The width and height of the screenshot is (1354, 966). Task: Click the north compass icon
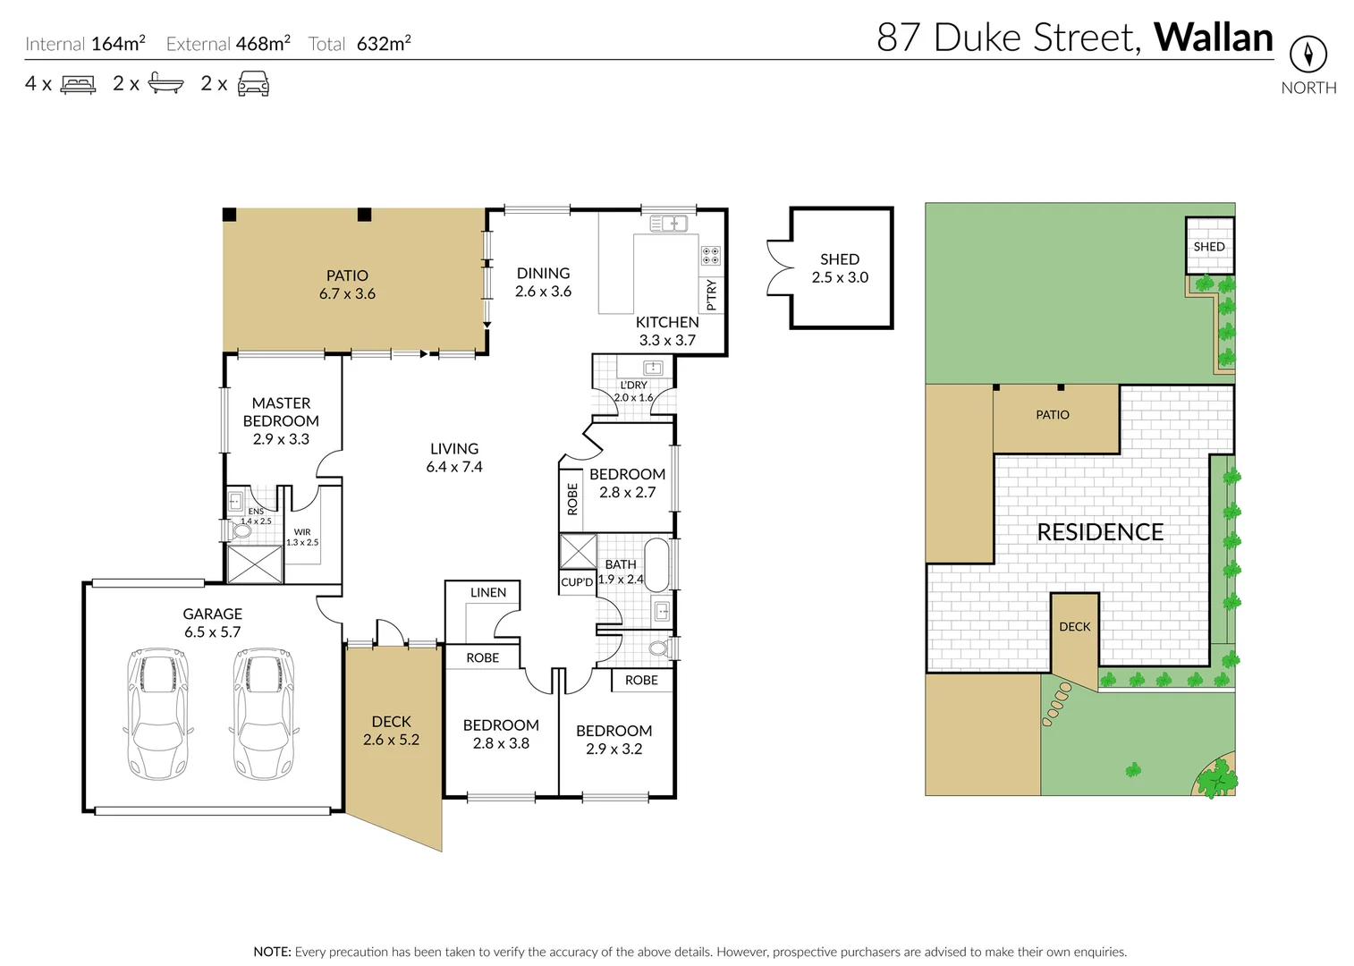coord(1307,55)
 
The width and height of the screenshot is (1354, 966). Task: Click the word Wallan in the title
coord(1213,38)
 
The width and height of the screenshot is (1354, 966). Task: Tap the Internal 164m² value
coord(117,43)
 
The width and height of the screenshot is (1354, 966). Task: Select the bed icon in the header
coord(78,85)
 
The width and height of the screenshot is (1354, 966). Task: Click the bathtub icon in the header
coord(165,84)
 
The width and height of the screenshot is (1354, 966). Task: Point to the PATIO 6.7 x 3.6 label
coord(347,284)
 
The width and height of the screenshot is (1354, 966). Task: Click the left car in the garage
coord(158,714)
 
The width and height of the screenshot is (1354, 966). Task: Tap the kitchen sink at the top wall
coord(668,223)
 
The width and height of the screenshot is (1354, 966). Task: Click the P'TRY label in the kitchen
coord(712,294)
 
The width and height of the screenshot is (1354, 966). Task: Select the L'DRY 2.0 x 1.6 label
coord(633,391)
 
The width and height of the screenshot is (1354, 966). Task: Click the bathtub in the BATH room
coord(657,563)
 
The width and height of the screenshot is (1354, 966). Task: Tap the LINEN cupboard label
coord(487,592)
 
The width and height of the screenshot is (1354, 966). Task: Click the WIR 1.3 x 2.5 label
coord(302,537)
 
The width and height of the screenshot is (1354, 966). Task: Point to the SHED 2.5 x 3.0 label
coord(840,268)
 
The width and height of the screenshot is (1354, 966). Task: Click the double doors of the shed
coord(779,267)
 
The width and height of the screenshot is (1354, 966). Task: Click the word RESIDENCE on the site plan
coord(1099,532)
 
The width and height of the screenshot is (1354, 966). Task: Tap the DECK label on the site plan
coord(1074,626)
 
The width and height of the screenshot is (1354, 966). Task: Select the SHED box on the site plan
coord(1209,246)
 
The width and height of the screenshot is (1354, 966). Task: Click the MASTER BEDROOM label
coord(281,420)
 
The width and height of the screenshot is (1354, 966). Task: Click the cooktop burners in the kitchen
coord(710,256)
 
